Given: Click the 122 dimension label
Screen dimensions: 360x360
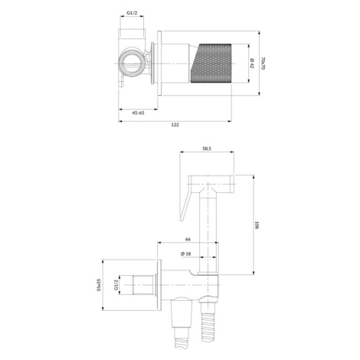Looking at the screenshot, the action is click(175, 125).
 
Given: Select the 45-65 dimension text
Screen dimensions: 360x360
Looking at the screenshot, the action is click(138, 113).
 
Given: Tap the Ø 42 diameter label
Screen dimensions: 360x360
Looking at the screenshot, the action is click(252, 64).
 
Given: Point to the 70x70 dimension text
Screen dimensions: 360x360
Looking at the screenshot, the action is click(263, 64).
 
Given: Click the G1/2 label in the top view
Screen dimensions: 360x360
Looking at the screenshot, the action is click(132, 12).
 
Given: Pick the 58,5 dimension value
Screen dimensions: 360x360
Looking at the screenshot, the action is click(207, 149).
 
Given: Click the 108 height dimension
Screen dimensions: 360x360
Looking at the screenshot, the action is click(257, 225).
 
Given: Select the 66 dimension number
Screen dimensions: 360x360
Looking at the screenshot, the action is click(188, 239).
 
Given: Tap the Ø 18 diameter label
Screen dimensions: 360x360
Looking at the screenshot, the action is click(185, 254).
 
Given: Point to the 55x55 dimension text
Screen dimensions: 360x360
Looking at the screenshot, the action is click(99, 285).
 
